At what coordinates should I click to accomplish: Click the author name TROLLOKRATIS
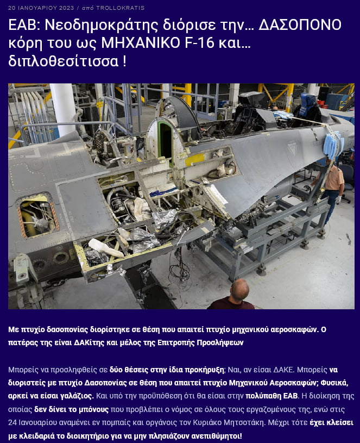click(121, 8)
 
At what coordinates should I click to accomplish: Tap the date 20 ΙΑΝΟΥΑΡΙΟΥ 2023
click(41, 8)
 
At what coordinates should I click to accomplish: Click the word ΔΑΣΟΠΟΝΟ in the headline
click(300, 25)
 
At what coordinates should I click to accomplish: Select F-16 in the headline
click(201, 43)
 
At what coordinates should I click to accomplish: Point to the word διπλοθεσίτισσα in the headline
click(64, 61)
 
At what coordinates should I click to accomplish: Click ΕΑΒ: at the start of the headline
click(24, 25)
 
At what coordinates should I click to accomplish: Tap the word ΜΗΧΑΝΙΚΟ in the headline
click(141, 43)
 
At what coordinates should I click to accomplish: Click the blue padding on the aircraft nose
click(334, 146)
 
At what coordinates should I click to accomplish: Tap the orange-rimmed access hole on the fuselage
click(37, 215)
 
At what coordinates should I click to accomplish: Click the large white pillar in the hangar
click(64, 110)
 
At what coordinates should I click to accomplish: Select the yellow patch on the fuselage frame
click(194, 160)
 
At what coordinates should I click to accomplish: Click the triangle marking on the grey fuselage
click(292, 148)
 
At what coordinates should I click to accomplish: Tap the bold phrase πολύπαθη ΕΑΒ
click(271, 396)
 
